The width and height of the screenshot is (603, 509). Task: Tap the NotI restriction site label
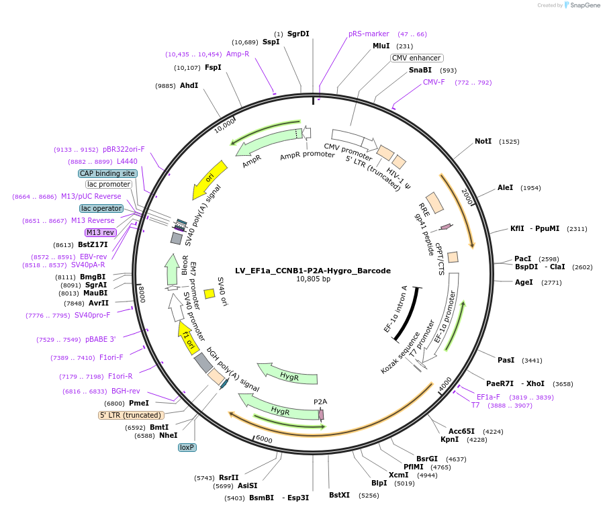(483, 142)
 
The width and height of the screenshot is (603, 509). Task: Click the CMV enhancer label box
(417, 58)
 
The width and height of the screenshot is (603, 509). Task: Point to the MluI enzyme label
(381, 46)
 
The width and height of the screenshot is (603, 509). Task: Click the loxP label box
(187, 447)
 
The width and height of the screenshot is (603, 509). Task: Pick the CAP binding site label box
(107, 173)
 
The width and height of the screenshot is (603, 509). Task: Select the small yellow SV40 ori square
(210, 293)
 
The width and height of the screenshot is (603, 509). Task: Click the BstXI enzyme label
(339, 495)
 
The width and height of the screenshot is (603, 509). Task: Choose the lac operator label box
(101, 208)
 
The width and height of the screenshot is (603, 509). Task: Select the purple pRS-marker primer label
(369, 34)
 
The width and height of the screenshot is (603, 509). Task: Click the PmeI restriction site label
(138, 403)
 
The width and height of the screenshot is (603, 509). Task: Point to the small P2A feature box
(321, 414)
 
